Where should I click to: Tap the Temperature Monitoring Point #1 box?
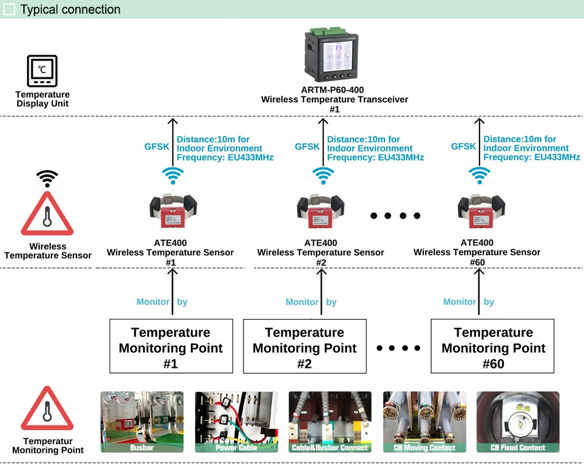point(171,346)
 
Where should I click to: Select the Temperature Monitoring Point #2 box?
point(305,346)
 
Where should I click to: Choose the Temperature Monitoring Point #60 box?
point(493,346)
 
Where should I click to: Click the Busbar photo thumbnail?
point(142,421)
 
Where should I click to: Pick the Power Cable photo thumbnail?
point(236,421)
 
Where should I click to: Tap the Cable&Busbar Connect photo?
point(330,421)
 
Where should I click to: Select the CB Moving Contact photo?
point(425,421)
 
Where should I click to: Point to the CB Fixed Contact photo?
point(518,421)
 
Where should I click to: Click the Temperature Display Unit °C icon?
point(42,71)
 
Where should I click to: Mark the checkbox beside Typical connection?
point(10,9)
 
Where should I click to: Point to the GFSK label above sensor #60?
point(464,147)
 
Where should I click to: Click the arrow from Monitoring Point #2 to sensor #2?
point(321,292)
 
